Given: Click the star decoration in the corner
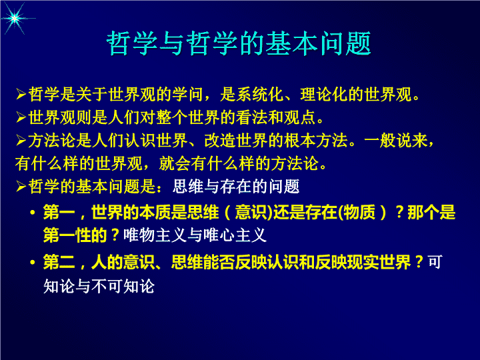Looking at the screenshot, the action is [x=14, y=19].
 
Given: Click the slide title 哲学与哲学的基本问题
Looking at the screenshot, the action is [x=239, y=43].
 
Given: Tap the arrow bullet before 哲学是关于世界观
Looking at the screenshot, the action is [x=21, y=94].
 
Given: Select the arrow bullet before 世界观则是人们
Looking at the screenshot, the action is [x=21, y=117].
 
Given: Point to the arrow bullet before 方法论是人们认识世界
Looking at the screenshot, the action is [x=21, y=141].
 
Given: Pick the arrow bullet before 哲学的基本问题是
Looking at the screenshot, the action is [x=21, y=187].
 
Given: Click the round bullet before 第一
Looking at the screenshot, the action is [x=33, y=213].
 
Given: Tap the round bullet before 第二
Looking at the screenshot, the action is [x=33, y=263].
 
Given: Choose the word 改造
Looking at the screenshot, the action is [x=220, y=141].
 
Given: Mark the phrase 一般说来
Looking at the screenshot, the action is [x=395, y=141].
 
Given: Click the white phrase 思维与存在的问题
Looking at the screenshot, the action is [x=236, y=187].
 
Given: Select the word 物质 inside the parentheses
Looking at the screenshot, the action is [x=359, y=213].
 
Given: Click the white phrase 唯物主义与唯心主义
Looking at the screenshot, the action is [x=195, y=235].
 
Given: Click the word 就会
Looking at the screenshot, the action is [x=175, y=163].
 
